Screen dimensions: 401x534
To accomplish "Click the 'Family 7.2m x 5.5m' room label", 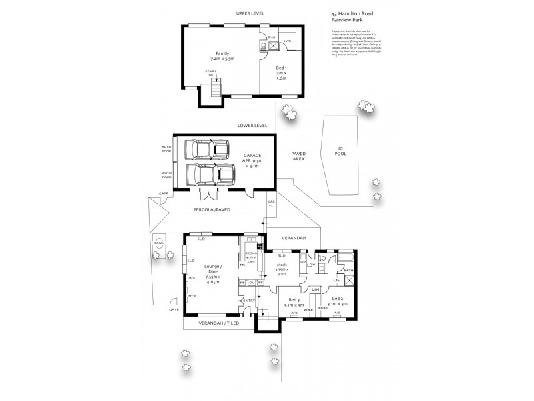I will (x=218, y=56).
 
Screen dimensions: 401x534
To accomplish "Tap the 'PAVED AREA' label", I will (x=298, y=156).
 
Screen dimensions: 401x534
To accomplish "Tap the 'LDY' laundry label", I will (x=310, y=265).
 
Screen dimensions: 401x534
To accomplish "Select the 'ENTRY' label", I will (x=249, y=300).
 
